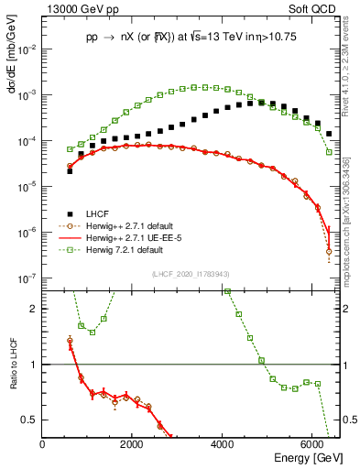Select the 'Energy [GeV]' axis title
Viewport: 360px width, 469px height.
(x=308, y=457)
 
